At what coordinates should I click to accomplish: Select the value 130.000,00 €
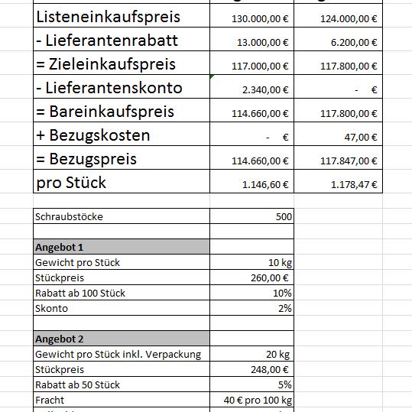[259, 18]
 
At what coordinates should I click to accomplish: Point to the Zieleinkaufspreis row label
[105, 64]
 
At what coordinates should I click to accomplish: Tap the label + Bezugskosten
[92, 135]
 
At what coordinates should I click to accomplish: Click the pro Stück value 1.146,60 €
[263, 184]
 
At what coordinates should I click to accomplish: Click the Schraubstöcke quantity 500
[283, 216]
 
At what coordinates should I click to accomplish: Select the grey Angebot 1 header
[121, 247]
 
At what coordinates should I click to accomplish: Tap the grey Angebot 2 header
[121, 339]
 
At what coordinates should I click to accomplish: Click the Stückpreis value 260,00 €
[271, 277]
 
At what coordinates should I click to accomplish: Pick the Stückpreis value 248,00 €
[271, 369]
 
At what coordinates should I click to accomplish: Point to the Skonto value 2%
[284, 308]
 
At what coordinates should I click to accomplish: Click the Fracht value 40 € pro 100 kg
[258, 400]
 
